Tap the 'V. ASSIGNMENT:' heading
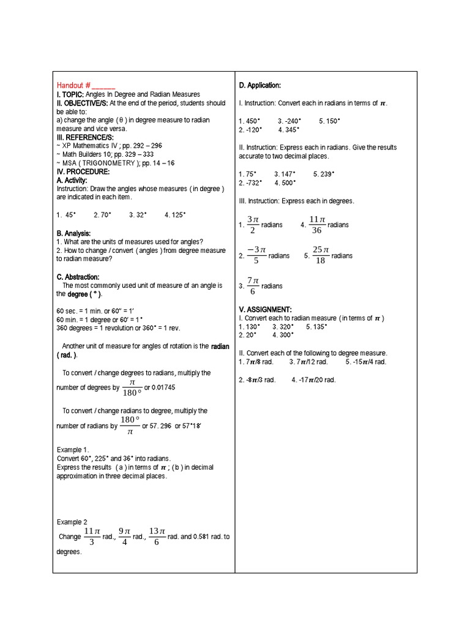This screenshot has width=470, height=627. (266, 309)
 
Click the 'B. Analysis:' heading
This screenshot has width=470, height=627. (73, 233)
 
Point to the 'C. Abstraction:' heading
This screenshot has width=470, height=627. (78, 277)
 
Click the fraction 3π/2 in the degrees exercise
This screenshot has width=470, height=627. (253, 225)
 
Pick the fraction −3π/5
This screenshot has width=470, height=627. (256, 255)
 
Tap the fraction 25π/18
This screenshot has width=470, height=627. (321, 255)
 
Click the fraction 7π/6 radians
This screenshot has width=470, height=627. (253, 286)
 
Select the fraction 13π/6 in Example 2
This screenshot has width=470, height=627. (157, 536)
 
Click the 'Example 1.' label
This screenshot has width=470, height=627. (73, 449)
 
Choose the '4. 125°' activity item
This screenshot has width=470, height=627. (175, 214)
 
